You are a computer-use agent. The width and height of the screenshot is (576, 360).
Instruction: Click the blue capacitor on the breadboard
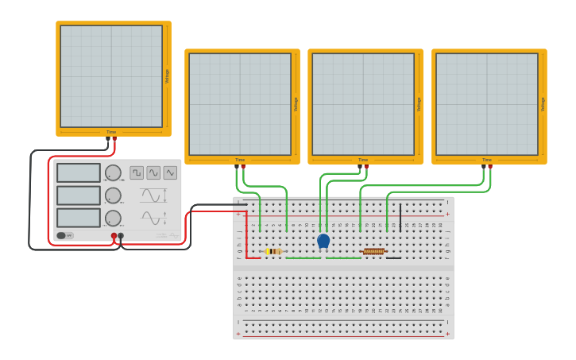(323, 241)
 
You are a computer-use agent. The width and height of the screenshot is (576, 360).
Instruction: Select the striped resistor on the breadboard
(273, 252)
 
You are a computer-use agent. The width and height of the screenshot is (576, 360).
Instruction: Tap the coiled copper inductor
(373, 252)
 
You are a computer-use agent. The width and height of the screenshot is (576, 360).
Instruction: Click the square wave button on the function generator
(137, 172)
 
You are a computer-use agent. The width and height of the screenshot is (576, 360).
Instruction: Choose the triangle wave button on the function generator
(170, 172)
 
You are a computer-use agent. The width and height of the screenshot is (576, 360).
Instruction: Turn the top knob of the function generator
(113, 172)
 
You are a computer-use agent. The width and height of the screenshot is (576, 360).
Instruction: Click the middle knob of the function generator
(113, 195)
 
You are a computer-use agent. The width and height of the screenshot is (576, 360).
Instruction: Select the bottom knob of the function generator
(113, 218)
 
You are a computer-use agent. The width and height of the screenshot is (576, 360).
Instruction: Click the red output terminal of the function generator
(114, 236)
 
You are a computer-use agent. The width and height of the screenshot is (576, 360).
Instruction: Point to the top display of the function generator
(79, 172)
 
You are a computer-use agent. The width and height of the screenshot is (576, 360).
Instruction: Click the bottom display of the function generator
(79, 218)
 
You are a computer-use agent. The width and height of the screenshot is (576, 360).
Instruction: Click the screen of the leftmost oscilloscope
(111, 76)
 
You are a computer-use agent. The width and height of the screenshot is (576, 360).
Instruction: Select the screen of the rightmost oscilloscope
(487, 104)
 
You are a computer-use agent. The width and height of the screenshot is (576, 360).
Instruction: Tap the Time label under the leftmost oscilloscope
(111, 132)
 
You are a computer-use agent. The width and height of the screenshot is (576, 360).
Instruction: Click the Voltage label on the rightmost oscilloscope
(543, 104)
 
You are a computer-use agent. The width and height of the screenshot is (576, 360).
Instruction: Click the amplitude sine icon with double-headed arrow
(153, 195)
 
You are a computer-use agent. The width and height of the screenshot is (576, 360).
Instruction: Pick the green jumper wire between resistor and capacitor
(303, 257)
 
